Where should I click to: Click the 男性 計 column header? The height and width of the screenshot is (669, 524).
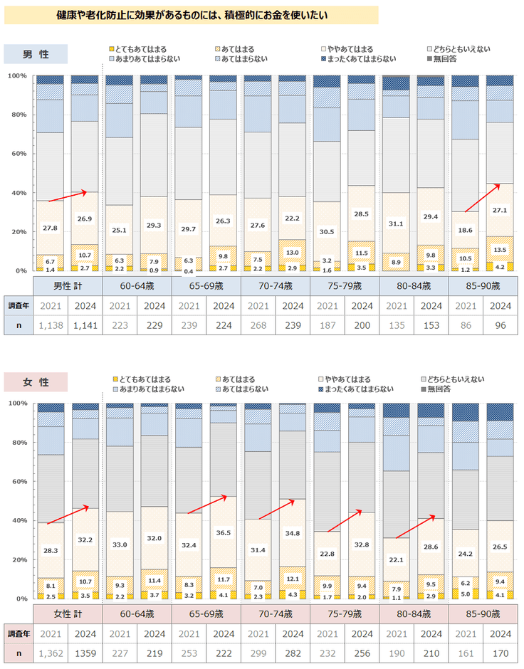click(68, 286)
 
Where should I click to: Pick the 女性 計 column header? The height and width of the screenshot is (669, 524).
click(68, 614)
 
